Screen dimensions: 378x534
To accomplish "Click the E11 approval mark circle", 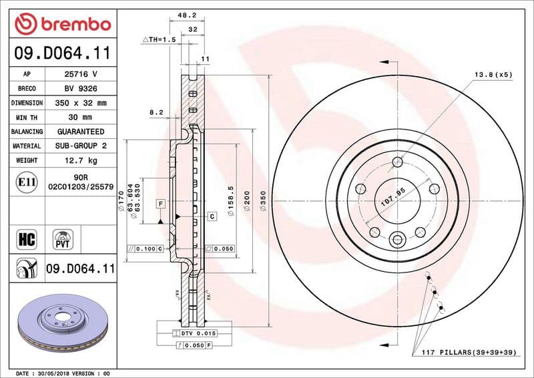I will (x=26, y=182).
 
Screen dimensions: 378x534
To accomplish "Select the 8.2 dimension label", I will (x=156, y=114).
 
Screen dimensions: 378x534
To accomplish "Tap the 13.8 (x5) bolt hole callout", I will (x=493, y=75).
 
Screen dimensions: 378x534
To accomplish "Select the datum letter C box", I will (x=212, y=216).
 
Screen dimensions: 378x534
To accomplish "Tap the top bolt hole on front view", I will (x=398, y=162).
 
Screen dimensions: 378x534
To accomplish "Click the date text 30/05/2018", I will (x=57, y=372).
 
